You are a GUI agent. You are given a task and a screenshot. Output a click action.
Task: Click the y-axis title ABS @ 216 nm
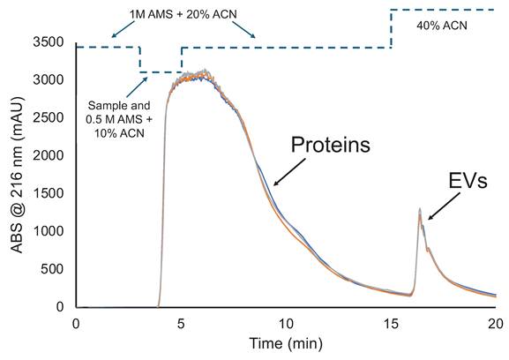[x=16, y=176]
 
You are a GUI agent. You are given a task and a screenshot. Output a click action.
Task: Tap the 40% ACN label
[x=442, y=26]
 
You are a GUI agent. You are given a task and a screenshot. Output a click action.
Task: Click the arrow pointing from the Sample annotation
[x=134, y=85]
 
